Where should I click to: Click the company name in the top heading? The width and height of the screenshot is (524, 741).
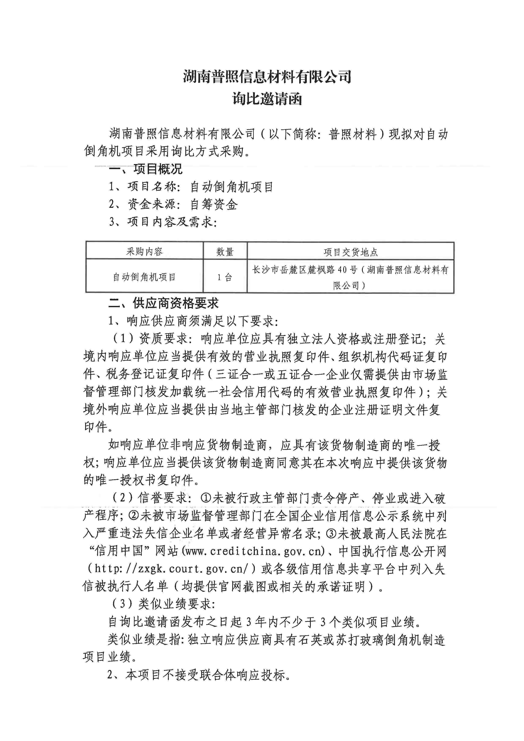click(x=267, y=77)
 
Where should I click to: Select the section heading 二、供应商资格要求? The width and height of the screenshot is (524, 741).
click(x=164, y=303)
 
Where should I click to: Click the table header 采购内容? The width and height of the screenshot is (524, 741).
click(x=144, y=252)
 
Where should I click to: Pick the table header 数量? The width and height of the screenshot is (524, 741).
click(x=225, y=252)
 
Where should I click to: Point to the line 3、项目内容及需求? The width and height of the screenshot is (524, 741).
click(x=163, y=222)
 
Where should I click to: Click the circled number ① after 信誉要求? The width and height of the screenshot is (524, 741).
click(x=206, y=498)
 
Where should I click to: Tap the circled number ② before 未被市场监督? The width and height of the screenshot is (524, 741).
click(x=134, y=516)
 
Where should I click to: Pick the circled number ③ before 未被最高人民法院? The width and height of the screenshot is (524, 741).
click(x=331, y=534)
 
